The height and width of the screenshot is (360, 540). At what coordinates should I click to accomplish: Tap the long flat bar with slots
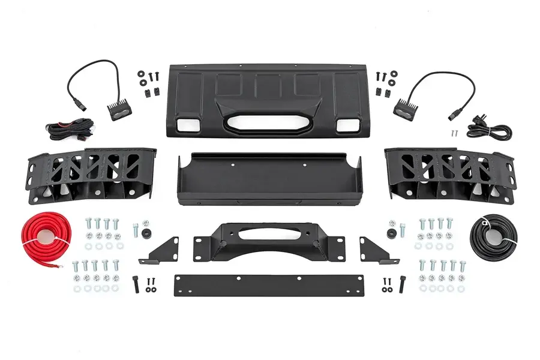(269, 285)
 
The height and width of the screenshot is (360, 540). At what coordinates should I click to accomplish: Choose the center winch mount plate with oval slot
(269, 243)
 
